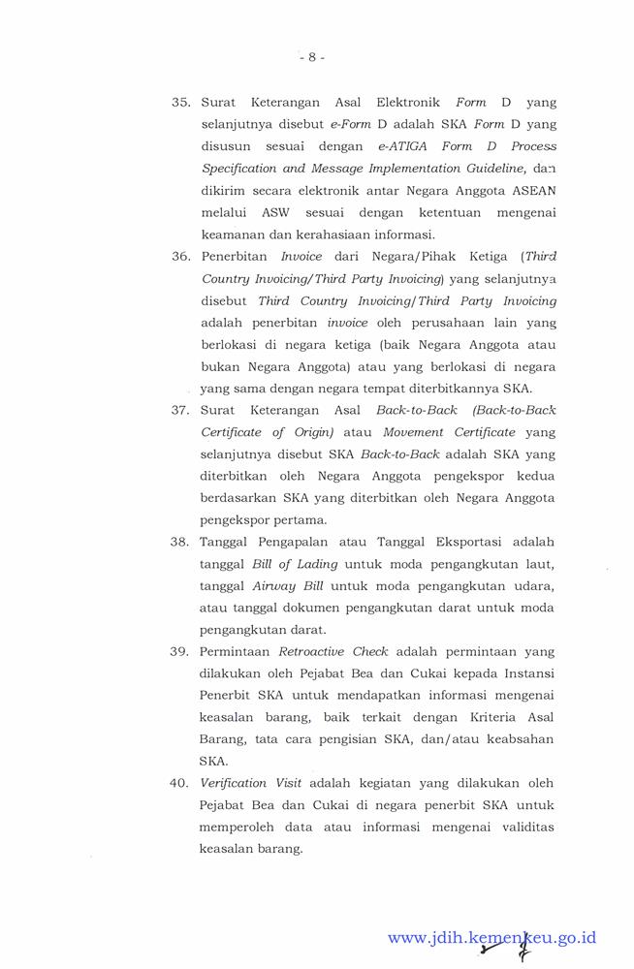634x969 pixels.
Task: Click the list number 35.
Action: (x=181, y=103)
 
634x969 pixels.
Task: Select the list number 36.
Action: (x=181, y=257)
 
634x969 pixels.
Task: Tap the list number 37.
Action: (x=181, y=410)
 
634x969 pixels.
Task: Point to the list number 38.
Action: (x=181, y=542)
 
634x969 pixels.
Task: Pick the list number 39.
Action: (x=181, y=651)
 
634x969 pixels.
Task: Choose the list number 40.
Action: (x=181, y=783)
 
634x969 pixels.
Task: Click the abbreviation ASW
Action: (x=276, y=212)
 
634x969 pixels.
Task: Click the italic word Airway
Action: (x=274, y=585)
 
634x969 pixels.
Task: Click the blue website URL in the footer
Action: (x=491, y=938)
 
